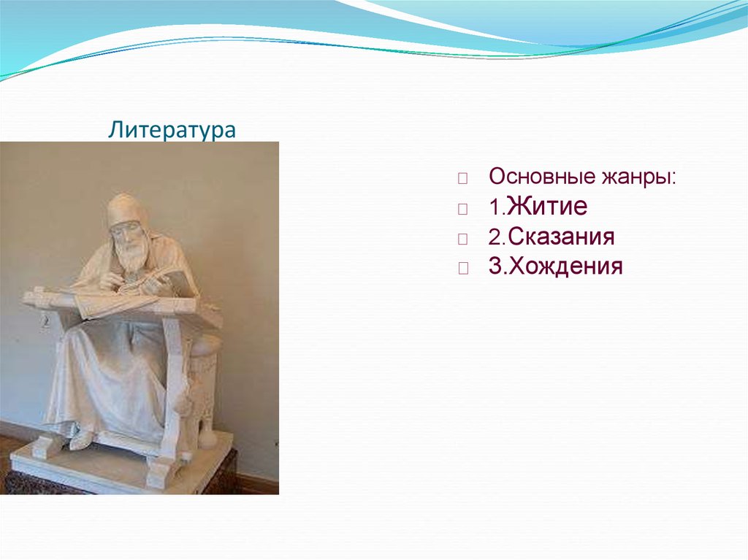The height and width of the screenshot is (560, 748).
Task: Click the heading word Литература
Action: tap(172, 131)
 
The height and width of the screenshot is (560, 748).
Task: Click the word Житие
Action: tap(548, 207)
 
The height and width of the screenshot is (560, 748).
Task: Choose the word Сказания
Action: tap(561, 237)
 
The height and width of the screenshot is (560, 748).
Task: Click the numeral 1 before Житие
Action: tap(493, 208)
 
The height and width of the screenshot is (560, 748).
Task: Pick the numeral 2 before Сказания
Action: tap(494, 237)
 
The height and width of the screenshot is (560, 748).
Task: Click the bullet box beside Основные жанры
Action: tap(462, 179)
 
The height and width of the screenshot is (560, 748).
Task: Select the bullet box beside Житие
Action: tap(462, 209)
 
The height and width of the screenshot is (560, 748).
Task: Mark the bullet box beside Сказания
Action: tap(462, 238)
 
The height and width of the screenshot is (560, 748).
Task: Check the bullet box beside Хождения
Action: tap(462, 268)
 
